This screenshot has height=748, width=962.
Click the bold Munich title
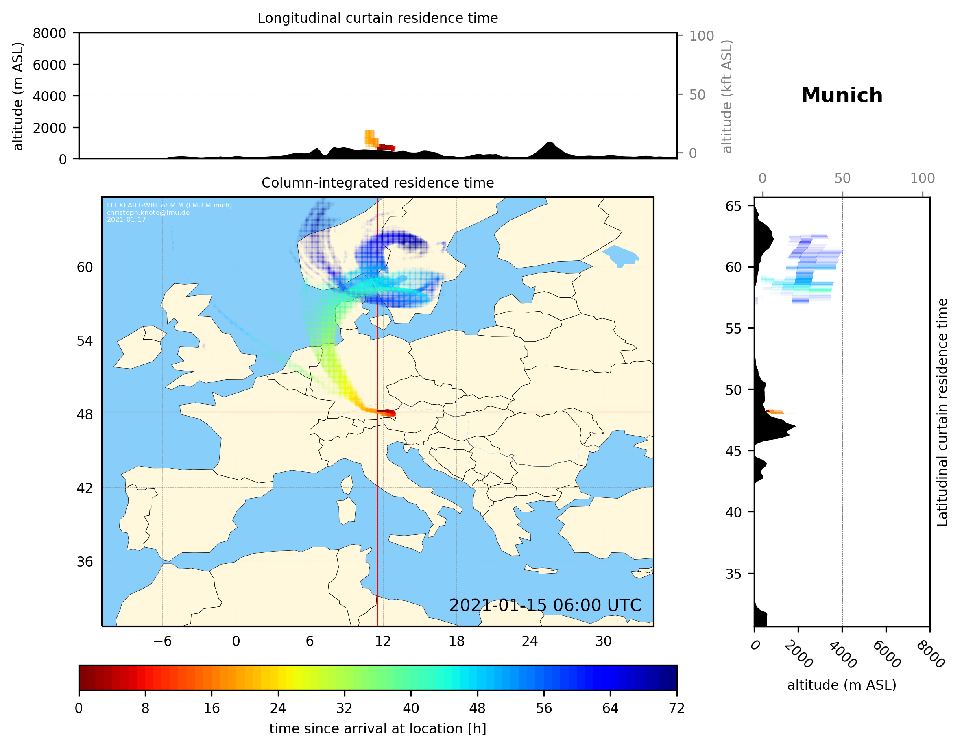click(841, 96)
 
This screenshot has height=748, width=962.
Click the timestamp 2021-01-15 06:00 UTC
click(545, 605)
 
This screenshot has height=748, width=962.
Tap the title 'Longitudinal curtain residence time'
click(377, 18)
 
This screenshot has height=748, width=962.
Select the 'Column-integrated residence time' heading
click(377, 183)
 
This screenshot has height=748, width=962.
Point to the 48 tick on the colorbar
click(477, 709)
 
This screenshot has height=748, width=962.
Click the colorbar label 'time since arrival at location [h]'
click(377, 728)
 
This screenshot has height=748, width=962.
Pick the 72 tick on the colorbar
click(676, 709)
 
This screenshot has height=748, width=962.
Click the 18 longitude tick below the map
click(456, 641)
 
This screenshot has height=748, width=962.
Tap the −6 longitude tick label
click(162, 641)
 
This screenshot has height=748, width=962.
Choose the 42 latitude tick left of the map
click(85, 488)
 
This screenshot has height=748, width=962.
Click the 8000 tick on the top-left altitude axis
click(49, 33)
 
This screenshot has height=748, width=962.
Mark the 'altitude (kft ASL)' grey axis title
click(726, 96)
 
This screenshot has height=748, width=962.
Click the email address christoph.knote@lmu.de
click(148, 212)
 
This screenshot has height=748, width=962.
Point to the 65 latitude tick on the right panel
click(733, 206)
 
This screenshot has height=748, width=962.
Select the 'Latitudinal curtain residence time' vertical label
click(942, 412)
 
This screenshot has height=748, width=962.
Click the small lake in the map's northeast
click(621, 255)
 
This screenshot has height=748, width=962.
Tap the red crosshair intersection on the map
click(378, 412)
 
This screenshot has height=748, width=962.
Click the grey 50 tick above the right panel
click(842, 179)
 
